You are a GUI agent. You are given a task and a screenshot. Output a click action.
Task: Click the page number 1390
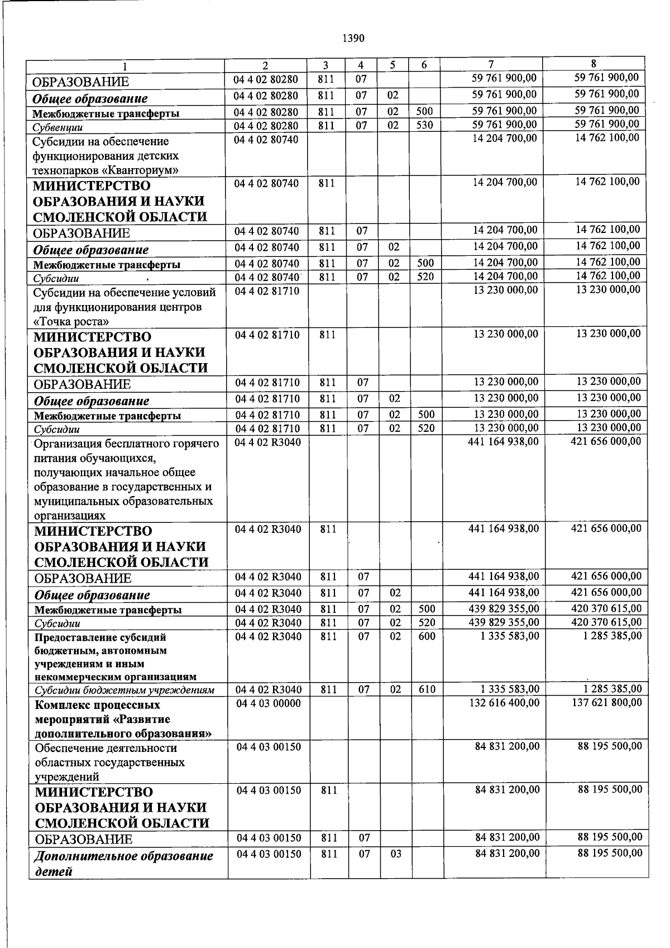coord(353,38)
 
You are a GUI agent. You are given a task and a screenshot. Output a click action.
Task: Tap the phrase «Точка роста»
coord(71,322)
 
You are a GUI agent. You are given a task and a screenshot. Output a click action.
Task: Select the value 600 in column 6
coord(427,636)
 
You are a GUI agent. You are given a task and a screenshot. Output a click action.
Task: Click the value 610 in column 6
coord(427,689)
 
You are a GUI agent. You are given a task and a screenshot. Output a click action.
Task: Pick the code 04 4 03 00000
coord(269,703)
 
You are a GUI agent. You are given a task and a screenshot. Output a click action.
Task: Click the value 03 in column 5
coord(395,854)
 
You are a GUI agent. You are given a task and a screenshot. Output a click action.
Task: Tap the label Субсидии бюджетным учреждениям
coord(124,690)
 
